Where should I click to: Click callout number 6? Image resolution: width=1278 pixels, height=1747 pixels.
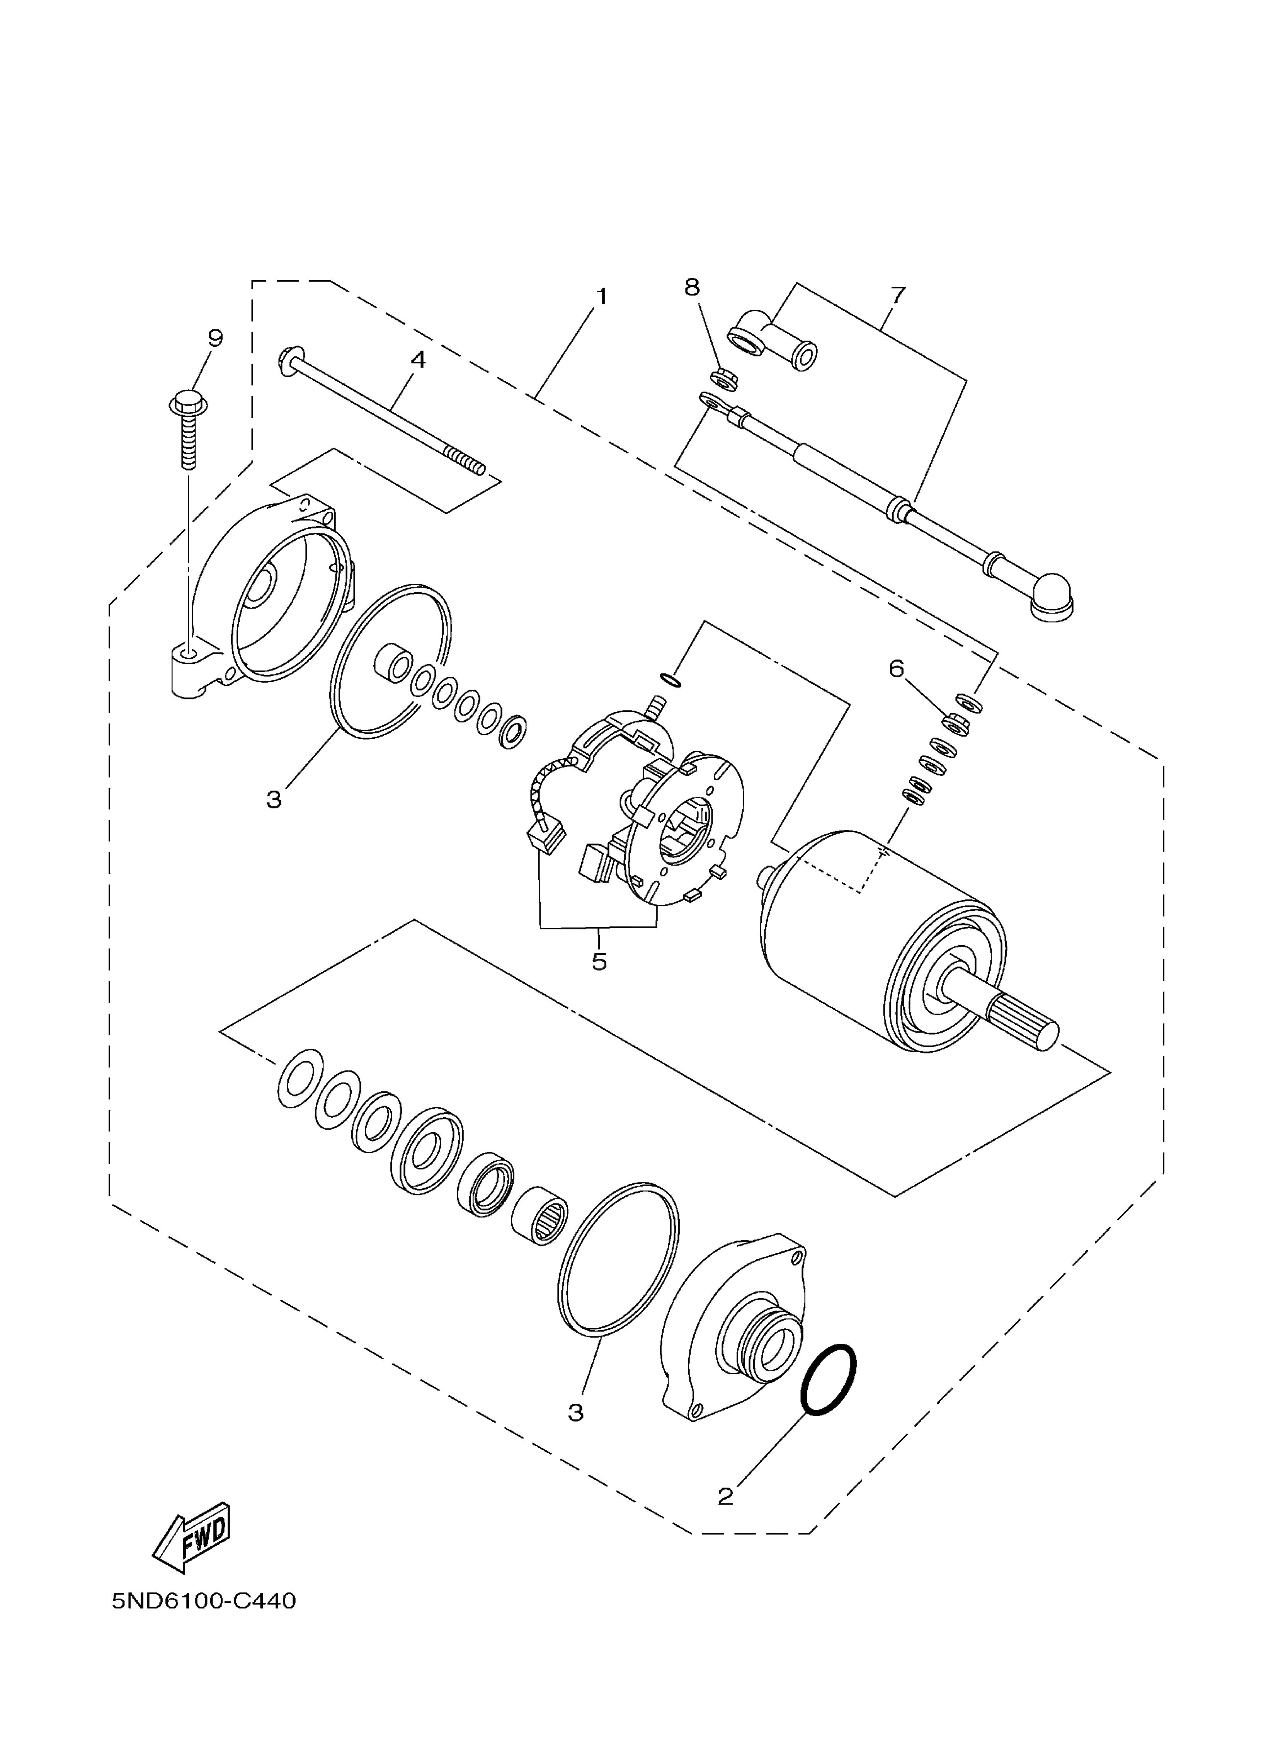pos(897,668)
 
